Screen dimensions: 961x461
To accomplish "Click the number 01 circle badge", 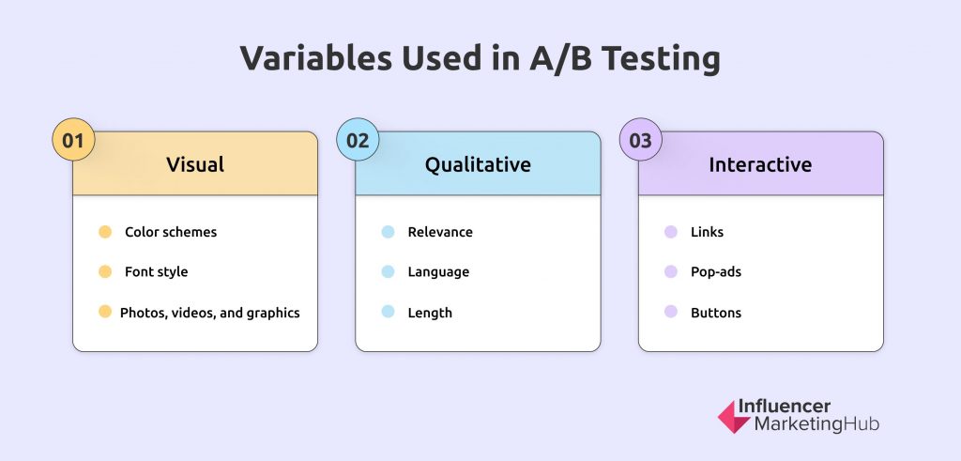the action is pyautogui.click(x=73, y=140).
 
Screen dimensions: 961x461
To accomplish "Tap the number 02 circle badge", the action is pyautogui.click(x=358, y=140).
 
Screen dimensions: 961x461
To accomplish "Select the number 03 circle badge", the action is pyautogui.click(x=640, y=140).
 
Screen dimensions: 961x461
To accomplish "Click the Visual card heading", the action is pyautogui.click(x=195, y=164).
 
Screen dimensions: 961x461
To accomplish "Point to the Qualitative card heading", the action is pyautogui.click(x=478, y=164).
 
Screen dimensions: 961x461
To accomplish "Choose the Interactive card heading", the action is pyautogui.click(x=760, y=164).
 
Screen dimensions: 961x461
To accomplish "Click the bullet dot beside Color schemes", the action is pyautogui.click(x=105, y=232).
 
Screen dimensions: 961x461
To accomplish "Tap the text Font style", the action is pyautogui.click(x=157, y=271).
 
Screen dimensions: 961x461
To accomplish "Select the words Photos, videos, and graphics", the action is pyautogui.click(x=209, y=313).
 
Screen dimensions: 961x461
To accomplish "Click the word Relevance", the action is pyautogui.click(x=440, y=232).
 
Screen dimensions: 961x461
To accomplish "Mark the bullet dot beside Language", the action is pyautogui.click(x=388, y=271).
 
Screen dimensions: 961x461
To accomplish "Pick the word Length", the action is pyautogui.click(x=430, y=313).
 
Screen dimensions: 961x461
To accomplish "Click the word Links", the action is pyautogui.click(x=708, y=232).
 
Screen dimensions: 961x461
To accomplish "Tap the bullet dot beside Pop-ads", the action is pyautogui.click(x=671, y=271).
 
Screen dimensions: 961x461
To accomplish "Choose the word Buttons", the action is pyautogui.click(x=716, y=313).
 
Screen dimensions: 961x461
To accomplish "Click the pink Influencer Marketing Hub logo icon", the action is pyautogui.click(x=734, y=417).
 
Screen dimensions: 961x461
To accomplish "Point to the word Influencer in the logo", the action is pyautogui.click(x=785, y=406).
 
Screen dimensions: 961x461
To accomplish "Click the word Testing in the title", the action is pyautogui.click(x=660, y=59).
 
